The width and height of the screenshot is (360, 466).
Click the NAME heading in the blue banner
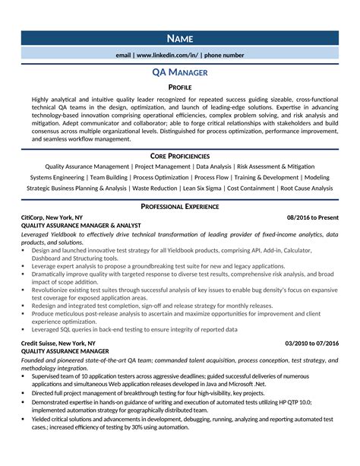coord(180,39)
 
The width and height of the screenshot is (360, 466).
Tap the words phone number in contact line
coord(224,55)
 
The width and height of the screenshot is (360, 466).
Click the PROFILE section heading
coord(180,88)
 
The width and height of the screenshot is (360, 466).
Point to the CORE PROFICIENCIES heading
coord(180,155)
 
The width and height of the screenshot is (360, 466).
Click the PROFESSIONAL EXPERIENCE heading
coord(180,206)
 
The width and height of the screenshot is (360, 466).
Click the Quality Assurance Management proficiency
coord(87,166)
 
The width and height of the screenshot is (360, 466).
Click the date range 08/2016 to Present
coord(312,217)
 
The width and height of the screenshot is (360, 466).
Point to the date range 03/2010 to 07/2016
coord(311,344)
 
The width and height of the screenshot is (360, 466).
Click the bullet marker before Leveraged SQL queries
coord(24,330)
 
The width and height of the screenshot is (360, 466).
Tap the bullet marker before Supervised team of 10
coord(24,375)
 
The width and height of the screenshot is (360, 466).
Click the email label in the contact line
coord(123,55)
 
